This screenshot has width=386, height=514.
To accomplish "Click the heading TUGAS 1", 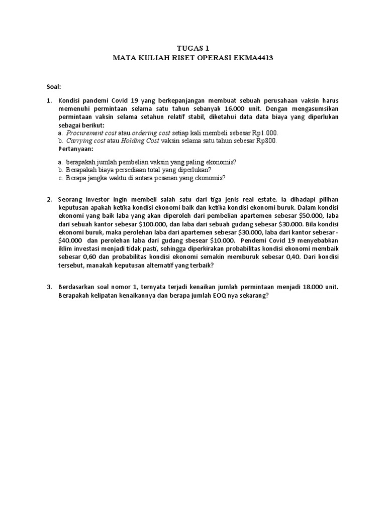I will (x=192, y=49).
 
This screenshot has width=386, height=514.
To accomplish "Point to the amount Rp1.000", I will (x=264, y=133).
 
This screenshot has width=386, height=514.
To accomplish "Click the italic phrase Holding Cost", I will (x=140, y=141).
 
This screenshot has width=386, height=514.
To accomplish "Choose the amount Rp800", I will (x=266, y=141).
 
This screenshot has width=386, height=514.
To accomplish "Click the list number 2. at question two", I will (x=50, y=200).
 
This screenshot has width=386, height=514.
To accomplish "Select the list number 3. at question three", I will (x=50, y=287).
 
